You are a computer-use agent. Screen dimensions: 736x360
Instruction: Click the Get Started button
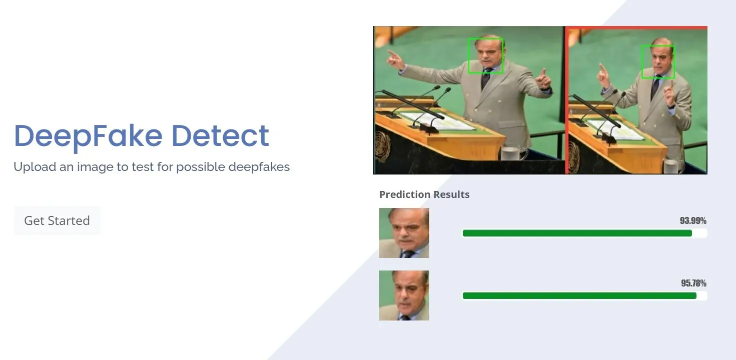tap(57, 220)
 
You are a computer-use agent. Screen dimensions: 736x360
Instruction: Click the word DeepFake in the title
tap(88, 136)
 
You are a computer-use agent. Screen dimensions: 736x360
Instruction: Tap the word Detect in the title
tap(220, 135)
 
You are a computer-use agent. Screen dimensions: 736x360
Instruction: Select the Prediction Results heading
tap(424, 194)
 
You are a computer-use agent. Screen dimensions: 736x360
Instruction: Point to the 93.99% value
tap(693, 220)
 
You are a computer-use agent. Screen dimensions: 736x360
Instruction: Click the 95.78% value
tap(693, 283)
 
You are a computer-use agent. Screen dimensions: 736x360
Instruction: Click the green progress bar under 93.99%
tap(577, 233)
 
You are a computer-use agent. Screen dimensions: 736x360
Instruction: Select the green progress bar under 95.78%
tap(579, 295)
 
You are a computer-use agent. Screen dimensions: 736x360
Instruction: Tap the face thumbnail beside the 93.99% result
tap(404, 233)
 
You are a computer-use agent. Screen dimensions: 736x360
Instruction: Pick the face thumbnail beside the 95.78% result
tap(404, 295)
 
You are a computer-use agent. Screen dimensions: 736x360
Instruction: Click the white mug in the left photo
tap(514, 153)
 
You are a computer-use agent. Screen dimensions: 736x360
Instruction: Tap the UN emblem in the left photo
tap(383, 146)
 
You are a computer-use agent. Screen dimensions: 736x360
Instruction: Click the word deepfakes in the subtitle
tap(259, 167)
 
